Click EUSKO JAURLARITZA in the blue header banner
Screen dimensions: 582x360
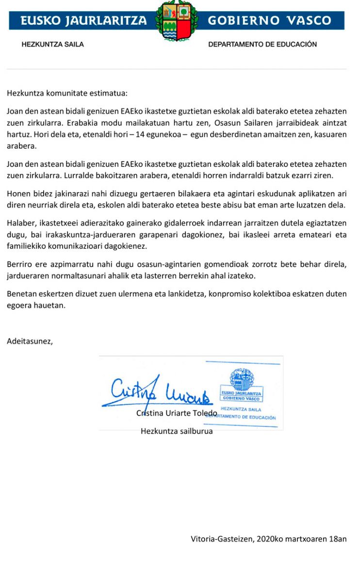tap(83, 20)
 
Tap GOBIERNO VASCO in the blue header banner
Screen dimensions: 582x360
tap(269, 20)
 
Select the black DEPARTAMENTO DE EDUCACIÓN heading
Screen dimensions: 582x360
tap(262, 44)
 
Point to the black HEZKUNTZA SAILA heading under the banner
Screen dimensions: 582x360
tap(53, 44)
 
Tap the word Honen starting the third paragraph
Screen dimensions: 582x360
tap(17, 194)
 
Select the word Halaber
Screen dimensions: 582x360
tap(19, 223)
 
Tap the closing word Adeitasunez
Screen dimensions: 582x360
tap(30, 341)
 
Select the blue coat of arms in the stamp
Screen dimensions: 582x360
tap(241, 380)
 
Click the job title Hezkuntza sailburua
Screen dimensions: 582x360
tap(177, 431)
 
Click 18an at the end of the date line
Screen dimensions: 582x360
tap(338, 538)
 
